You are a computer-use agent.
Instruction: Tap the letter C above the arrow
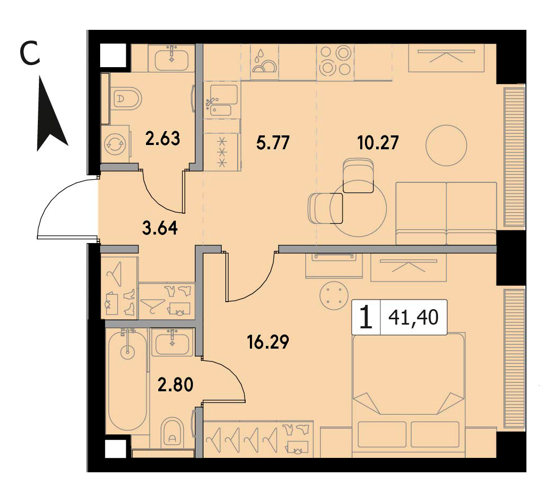click(30, 52)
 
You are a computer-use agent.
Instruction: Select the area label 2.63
click(163, 138)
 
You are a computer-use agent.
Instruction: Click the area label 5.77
click(273, 143)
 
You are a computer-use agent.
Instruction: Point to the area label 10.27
click(378, 143)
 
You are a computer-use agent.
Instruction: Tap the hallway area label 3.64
click(160, 228)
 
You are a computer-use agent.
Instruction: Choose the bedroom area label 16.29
click(268, 342)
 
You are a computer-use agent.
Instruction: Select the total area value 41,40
click(413, 318)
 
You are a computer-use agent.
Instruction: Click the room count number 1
click(367, 318)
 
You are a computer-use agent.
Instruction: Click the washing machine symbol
click(115, 143)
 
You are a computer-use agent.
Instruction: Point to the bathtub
click(127, 380)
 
